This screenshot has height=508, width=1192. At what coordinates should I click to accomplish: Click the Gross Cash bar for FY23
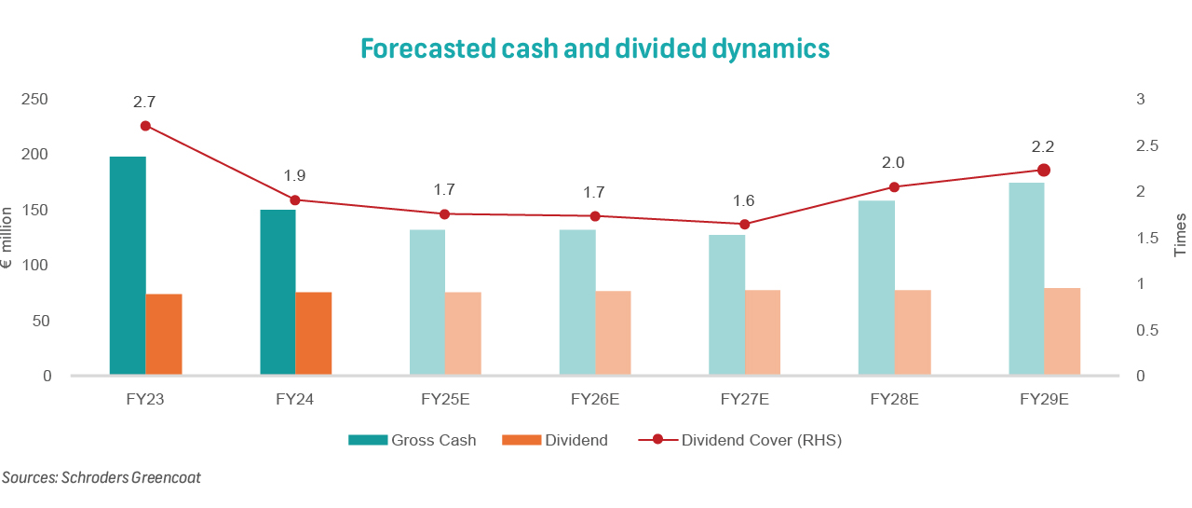pos(128,266)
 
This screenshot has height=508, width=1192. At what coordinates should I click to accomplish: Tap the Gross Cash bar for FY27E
pos(726,305)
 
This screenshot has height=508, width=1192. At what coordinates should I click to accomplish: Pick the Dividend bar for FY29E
pos(1063,332)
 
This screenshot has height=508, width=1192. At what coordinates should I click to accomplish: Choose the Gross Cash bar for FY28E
pos(876,288)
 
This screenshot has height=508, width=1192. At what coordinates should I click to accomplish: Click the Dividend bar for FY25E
pos(463,334)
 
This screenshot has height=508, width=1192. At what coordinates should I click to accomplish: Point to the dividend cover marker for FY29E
pos(1044,170)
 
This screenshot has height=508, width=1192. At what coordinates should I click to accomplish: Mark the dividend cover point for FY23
pos(145,126)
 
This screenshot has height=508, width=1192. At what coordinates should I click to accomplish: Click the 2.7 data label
pos(145,101)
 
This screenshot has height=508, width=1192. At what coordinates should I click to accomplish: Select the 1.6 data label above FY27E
pos(743,200)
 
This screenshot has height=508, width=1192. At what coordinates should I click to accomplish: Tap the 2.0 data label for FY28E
pos(894,162)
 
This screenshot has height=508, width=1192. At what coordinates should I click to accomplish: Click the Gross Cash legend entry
pos(413,440)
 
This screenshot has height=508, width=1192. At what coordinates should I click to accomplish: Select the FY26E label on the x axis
pos(595,400)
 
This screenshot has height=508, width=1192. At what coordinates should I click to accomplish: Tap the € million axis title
pos(7,239)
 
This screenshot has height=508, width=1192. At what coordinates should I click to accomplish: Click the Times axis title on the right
pos(1180,235)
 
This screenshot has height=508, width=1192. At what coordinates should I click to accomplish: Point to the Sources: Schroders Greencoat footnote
pos(102,477)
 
